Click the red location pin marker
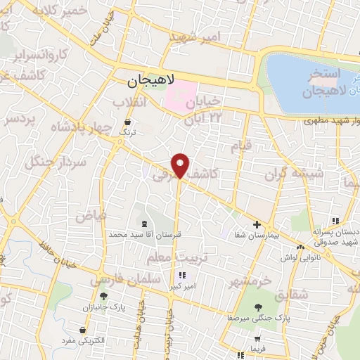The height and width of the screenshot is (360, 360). [x=181, y=165]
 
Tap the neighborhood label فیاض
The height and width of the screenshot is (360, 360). [x=91, y=215]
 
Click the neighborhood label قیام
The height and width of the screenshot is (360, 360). [x=241, y=148]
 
